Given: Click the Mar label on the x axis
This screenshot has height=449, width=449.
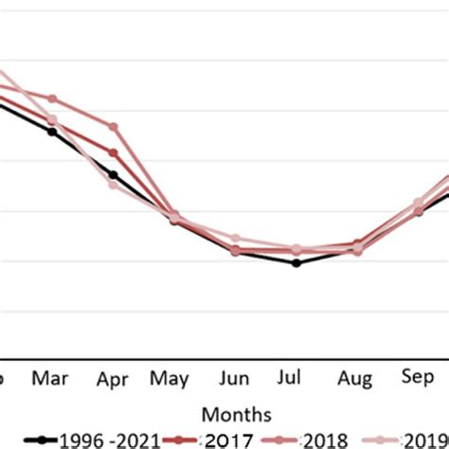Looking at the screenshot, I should click(50, 379).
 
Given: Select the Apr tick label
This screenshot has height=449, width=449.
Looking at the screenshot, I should click(112, 381).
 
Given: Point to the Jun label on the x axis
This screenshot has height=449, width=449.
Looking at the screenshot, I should click(234, 379).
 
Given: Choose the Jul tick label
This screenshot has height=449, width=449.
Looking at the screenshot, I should click(296, 379).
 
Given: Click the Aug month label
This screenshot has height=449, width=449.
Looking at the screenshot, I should click(357, 381).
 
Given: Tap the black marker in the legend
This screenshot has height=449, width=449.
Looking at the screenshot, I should click(40, 440).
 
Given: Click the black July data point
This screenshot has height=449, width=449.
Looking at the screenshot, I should click(296, 262).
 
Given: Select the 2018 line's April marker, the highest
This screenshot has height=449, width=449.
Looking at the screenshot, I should click(114, 126).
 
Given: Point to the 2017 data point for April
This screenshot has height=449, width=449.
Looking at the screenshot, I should click(114, 153).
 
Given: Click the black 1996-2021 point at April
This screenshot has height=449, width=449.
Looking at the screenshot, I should click(114, 174).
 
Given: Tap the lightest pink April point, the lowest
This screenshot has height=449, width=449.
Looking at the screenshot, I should click(114, 184).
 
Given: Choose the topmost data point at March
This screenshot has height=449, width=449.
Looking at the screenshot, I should click(52, 99).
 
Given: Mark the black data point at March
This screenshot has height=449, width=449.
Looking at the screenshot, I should click(52, 132).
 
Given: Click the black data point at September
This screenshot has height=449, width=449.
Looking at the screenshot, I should click(419, 211).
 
